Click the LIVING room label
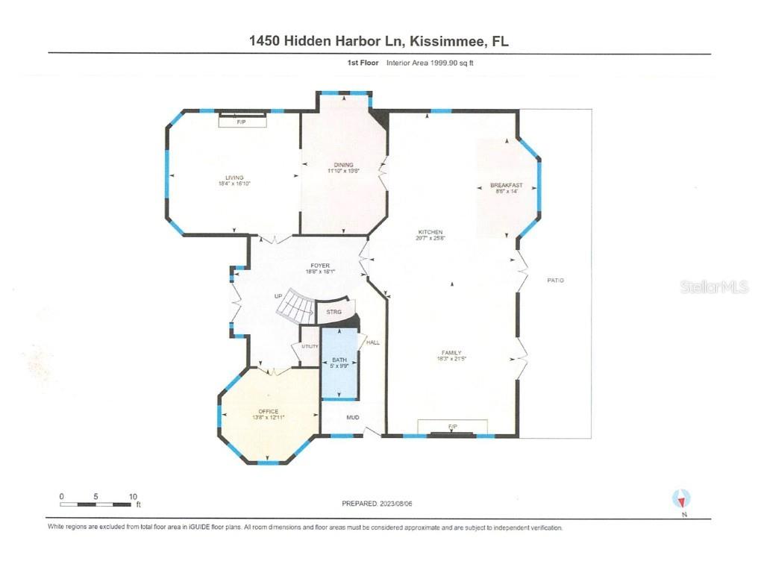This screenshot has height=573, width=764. tap(235, 178)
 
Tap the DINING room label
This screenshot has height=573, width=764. tap(343, 166)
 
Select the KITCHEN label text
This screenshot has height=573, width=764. tap(430, 233)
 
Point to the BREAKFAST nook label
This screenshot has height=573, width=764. tap(506, 186)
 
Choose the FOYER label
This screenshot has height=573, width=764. tap(320, 266)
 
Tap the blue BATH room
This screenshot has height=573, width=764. tap(339, 366)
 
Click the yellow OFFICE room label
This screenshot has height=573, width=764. tap(268, 412)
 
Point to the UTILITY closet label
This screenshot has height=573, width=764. tap(310, 346)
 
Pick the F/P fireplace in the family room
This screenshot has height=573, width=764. tap(452, 427)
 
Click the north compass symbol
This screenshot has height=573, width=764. tap(681, 498)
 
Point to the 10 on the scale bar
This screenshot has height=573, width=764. tap(133, 496)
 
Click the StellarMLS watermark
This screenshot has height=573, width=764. tap(713, 286)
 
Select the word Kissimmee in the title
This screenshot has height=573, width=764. tap(433, 41)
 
